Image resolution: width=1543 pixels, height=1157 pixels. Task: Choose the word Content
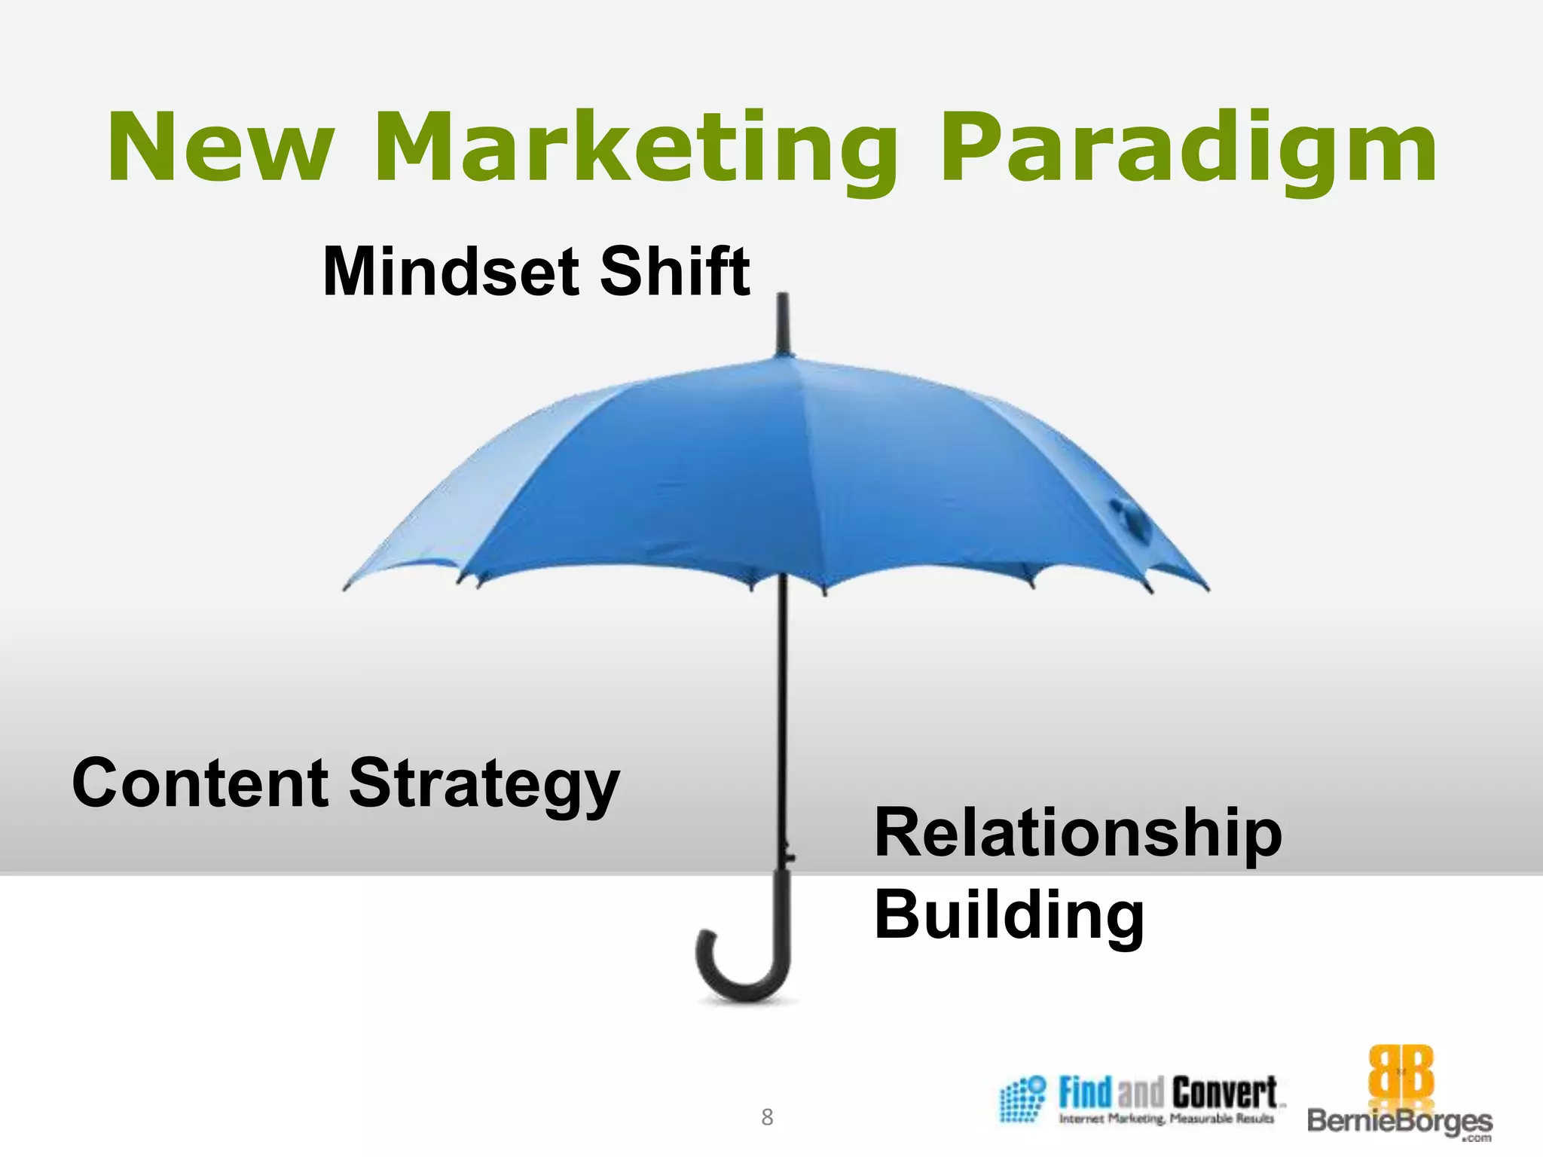point(200,783)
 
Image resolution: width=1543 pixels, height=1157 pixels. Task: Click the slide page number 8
point(767,1117)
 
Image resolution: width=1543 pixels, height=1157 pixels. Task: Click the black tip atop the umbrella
point(783,324)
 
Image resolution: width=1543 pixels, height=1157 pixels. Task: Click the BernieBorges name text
point(1400,1122)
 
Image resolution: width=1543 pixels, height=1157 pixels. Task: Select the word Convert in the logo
point(1224,1092)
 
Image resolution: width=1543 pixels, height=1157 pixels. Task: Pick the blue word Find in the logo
point(1085,1092)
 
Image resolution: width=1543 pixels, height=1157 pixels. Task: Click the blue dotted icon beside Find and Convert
point(1022,1100)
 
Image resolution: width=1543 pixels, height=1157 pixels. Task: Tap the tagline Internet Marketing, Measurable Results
point(1166,1119)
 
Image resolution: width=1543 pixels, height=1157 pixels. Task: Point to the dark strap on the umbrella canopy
point(1130,520)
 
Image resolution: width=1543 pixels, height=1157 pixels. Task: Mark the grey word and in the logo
point(1141,1094)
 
